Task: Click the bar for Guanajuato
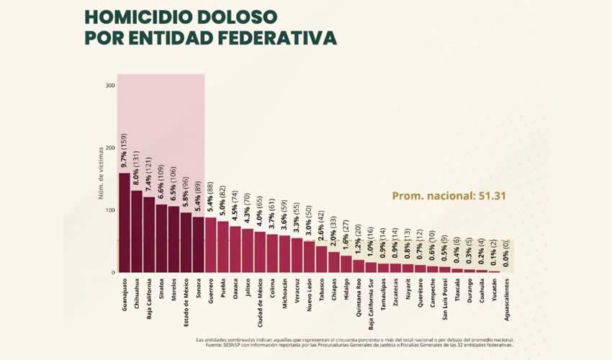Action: tap(124, 222)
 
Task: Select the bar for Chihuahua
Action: tap(136, 231)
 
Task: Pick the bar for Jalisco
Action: tap(247, 251)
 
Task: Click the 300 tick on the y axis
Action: tap(110, 86)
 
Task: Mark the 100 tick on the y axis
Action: tap(110, 210)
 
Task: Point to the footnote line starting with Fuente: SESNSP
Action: tap(354, 344)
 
